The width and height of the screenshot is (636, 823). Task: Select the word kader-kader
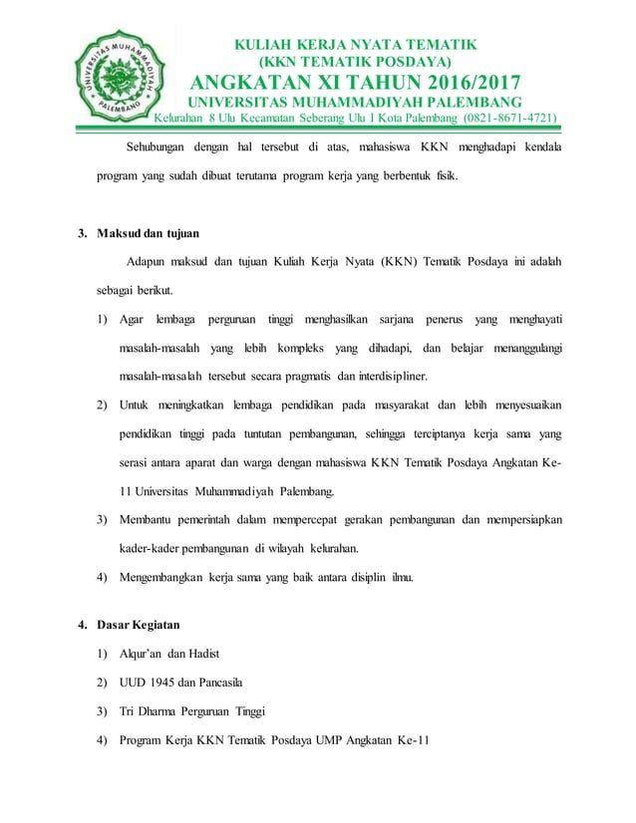155,548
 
